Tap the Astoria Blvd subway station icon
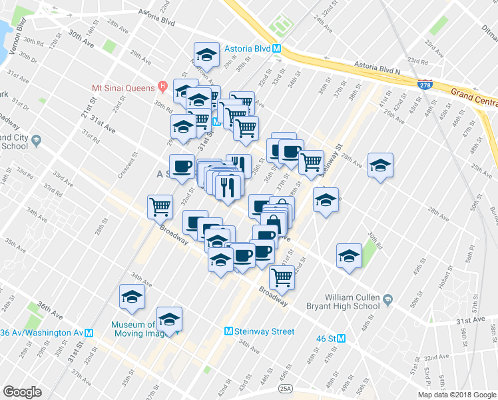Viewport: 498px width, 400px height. [282, 49]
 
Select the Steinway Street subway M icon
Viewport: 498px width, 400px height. [229, 331]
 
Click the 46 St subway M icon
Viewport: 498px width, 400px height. [342, 338]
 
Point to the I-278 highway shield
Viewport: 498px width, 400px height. [424, 85]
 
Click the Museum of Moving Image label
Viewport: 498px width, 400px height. [133, 330]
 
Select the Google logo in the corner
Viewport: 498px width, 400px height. [22, 392]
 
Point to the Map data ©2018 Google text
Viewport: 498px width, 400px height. [456, 395]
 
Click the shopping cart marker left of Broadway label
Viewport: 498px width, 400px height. [160, 207]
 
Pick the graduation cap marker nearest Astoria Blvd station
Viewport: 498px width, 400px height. [206, 55]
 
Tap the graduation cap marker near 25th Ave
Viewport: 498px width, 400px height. [380, 165]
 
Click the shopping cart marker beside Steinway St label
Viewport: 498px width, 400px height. [311, 161]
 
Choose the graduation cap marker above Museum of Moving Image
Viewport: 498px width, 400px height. [132, 297]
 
